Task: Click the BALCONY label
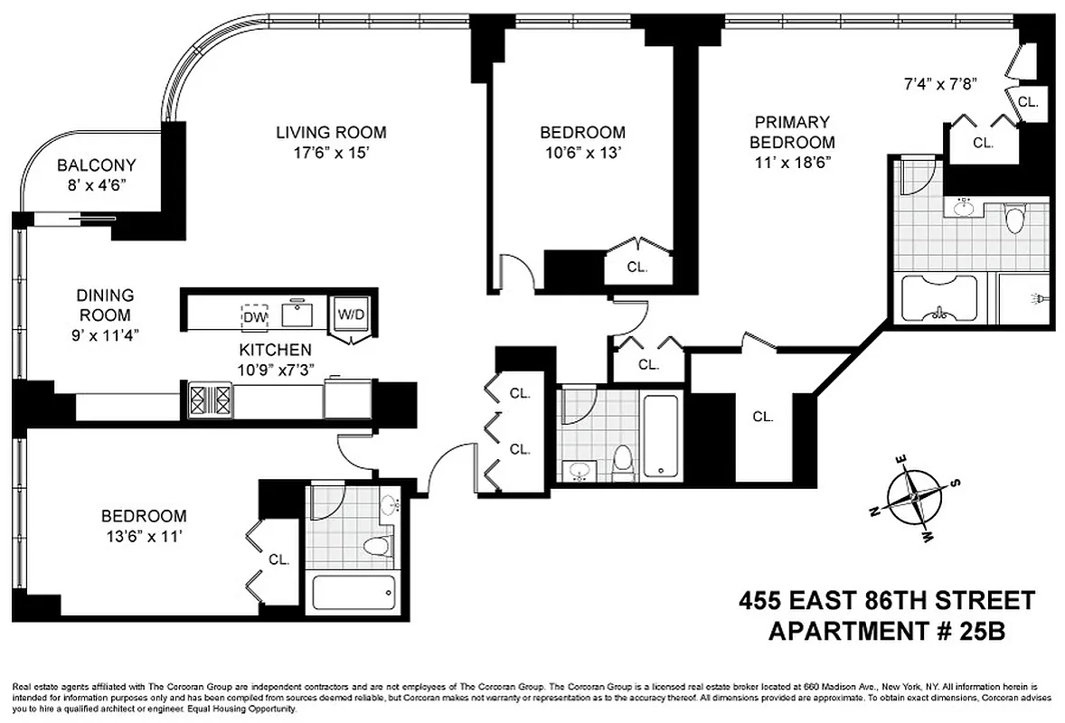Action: [96, 165]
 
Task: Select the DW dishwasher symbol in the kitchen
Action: [253, 316]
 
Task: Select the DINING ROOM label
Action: [104, 305]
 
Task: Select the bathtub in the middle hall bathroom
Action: [663, 434]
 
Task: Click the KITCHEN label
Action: [275, 349]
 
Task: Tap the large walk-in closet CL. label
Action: [763, 417]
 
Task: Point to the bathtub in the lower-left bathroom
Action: [353, 593]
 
